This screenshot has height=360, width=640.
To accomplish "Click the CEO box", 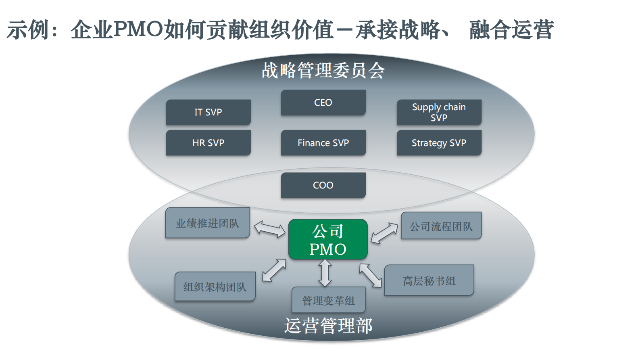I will (323, 103).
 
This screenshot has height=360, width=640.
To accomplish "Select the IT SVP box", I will (208, 112).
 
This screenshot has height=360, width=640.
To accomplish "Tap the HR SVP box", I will (208, 143).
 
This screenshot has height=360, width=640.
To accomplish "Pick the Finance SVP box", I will (323, 143).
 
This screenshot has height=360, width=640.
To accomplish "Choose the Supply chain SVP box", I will (439, 112).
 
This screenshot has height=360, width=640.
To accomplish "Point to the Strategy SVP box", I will (439, 143).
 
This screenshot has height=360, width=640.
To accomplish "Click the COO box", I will (323, 185).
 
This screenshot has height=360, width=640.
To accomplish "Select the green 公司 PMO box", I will (328, 239).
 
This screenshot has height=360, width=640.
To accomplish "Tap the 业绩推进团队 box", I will (207, 223).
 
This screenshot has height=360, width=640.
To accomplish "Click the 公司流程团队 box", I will (441, 226).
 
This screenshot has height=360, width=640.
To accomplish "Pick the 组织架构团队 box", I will (215, 287).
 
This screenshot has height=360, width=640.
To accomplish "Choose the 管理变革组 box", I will (328, 300).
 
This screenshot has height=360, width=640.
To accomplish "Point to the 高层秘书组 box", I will (429, 280).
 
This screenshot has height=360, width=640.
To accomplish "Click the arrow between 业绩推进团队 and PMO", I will (269, 229).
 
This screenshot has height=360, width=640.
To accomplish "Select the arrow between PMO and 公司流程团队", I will (384, 233).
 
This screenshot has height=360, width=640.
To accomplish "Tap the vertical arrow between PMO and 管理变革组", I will (325, 273).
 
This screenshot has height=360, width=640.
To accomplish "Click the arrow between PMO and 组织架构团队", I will (274, 270).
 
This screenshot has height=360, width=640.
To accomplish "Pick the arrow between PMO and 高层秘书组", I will (371, 275).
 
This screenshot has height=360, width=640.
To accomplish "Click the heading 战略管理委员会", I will (323, 71).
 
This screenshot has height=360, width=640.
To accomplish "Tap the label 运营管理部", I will (328, 326).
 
